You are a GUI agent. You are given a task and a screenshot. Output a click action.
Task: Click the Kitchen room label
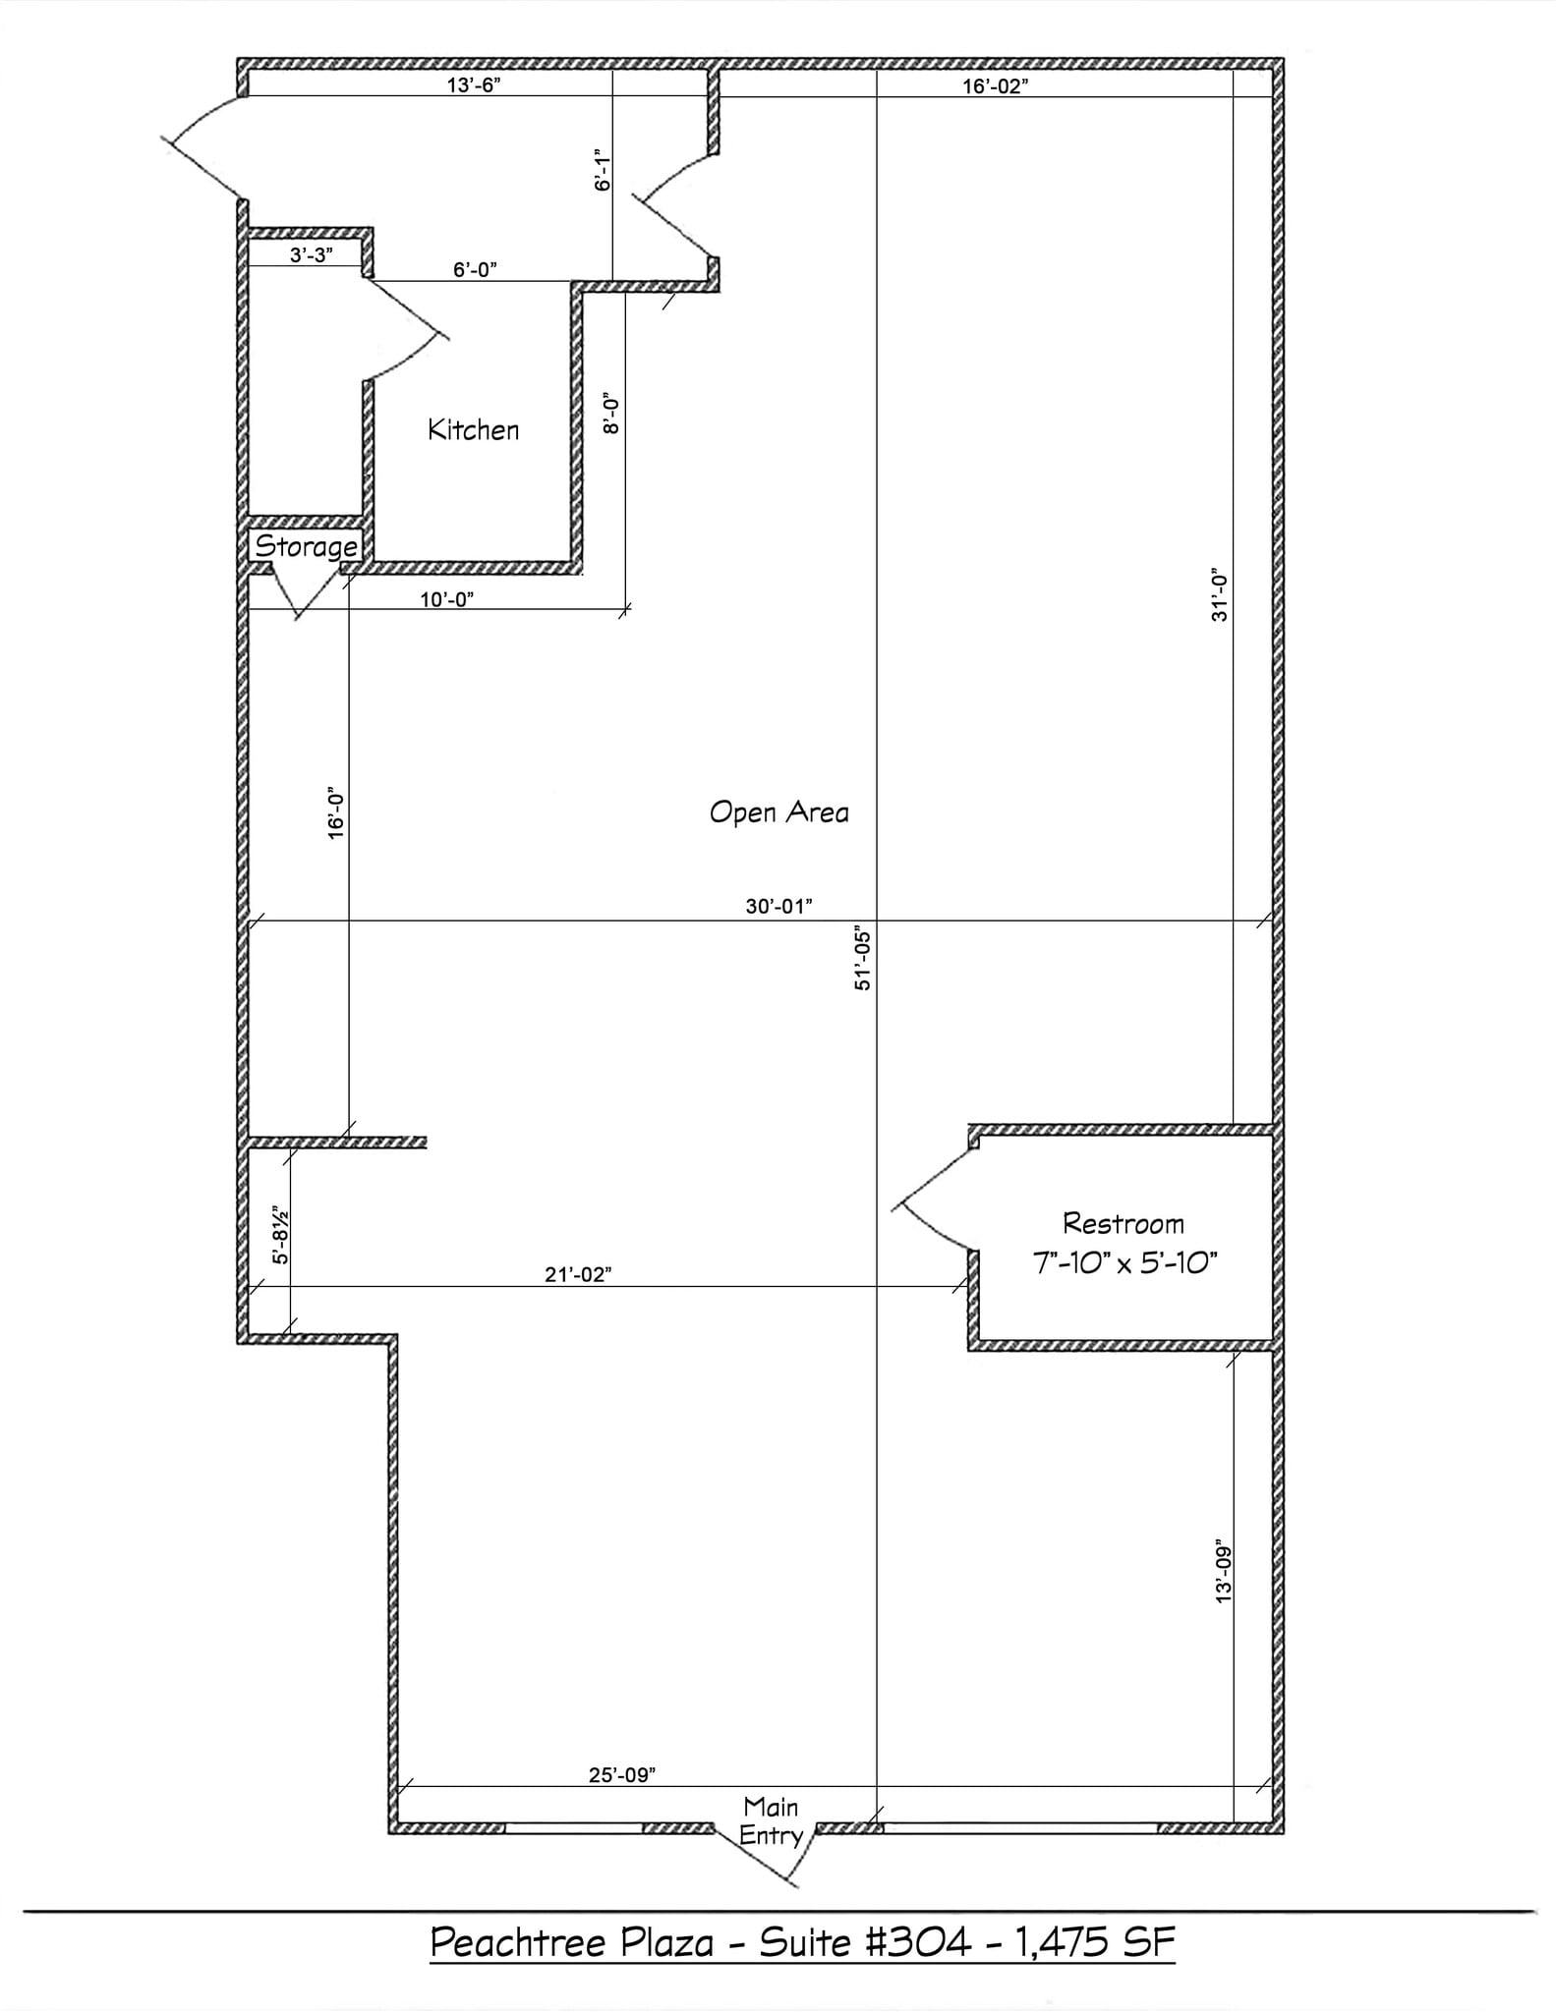(473, 430)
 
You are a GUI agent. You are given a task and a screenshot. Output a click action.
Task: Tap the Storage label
(307, 546)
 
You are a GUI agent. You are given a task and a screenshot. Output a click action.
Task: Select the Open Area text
(778, 812)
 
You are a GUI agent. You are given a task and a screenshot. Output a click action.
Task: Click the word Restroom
(1124, 1224)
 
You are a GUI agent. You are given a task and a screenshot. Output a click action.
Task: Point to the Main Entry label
(772, 1820)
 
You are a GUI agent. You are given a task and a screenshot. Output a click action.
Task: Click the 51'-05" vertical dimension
(863, 958)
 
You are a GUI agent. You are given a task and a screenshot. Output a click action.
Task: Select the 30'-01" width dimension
(778, 906)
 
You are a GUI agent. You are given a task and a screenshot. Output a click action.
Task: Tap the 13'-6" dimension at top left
(474, 84)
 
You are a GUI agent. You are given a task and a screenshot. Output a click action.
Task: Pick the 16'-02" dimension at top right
(995, 86)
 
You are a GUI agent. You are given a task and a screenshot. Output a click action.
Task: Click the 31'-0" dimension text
(1220, 594)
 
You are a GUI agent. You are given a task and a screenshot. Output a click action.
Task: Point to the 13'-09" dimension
(1223, 1571)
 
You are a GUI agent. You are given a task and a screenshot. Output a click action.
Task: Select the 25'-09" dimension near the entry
(622, 1775)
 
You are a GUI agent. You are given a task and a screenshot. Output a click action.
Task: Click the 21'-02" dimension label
(578, 1274)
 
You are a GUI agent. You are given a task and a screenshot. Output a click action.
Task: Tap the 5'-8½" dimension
(281, 1235)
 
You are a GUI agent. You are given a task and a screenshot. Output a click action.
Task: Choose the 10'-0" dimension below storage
(447, 599)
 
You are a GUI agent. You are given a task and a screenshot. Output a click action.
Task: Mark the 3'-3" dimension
(311, 255)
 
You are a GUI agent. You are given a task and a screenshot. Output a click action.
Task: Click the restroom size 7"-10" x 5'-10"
(1124, 1262)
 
